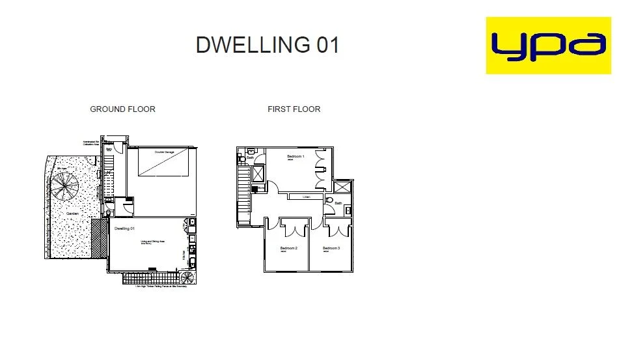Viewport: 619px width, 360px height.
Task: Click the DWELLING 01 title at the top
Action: tap(268, 45)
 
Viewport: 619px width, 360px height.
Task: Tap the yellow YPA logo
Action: tap(548, 46)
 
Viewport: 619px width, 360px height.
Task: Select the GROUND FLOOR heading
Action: tap(122, 109)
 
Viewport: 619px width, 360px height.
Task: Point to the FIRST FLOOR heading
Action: tap(294, 109)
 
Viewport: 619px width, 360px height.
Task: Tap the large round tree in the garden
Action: tap(64, 189)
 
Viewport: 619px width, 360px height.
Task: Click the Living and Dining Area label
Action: tap(152, 242)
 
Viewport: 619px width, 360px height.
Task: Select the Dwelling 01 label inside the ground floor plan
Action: tap(124, 229)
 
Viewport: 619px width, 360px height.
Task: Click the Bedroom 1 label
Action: tap(296, 157)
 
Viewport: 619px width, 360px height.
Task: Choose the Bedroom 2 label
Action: tap(288, 249)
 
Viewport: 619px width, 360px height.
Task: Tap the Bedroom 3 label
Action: tap(331, 249)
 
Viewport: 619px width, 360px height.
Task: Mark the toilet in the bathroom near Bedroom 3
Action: tap(329, 201)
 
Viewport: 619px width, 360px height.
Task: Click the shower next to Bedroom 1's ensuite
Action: tap(258, 173)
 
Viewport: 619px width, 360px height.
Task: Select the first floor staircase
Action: tap(245, 185)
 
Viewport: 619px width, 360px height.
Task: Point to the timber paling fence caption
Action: tap(161, 286)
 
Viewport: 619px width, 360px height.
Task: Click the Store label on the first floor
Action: tap(262, 189)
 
